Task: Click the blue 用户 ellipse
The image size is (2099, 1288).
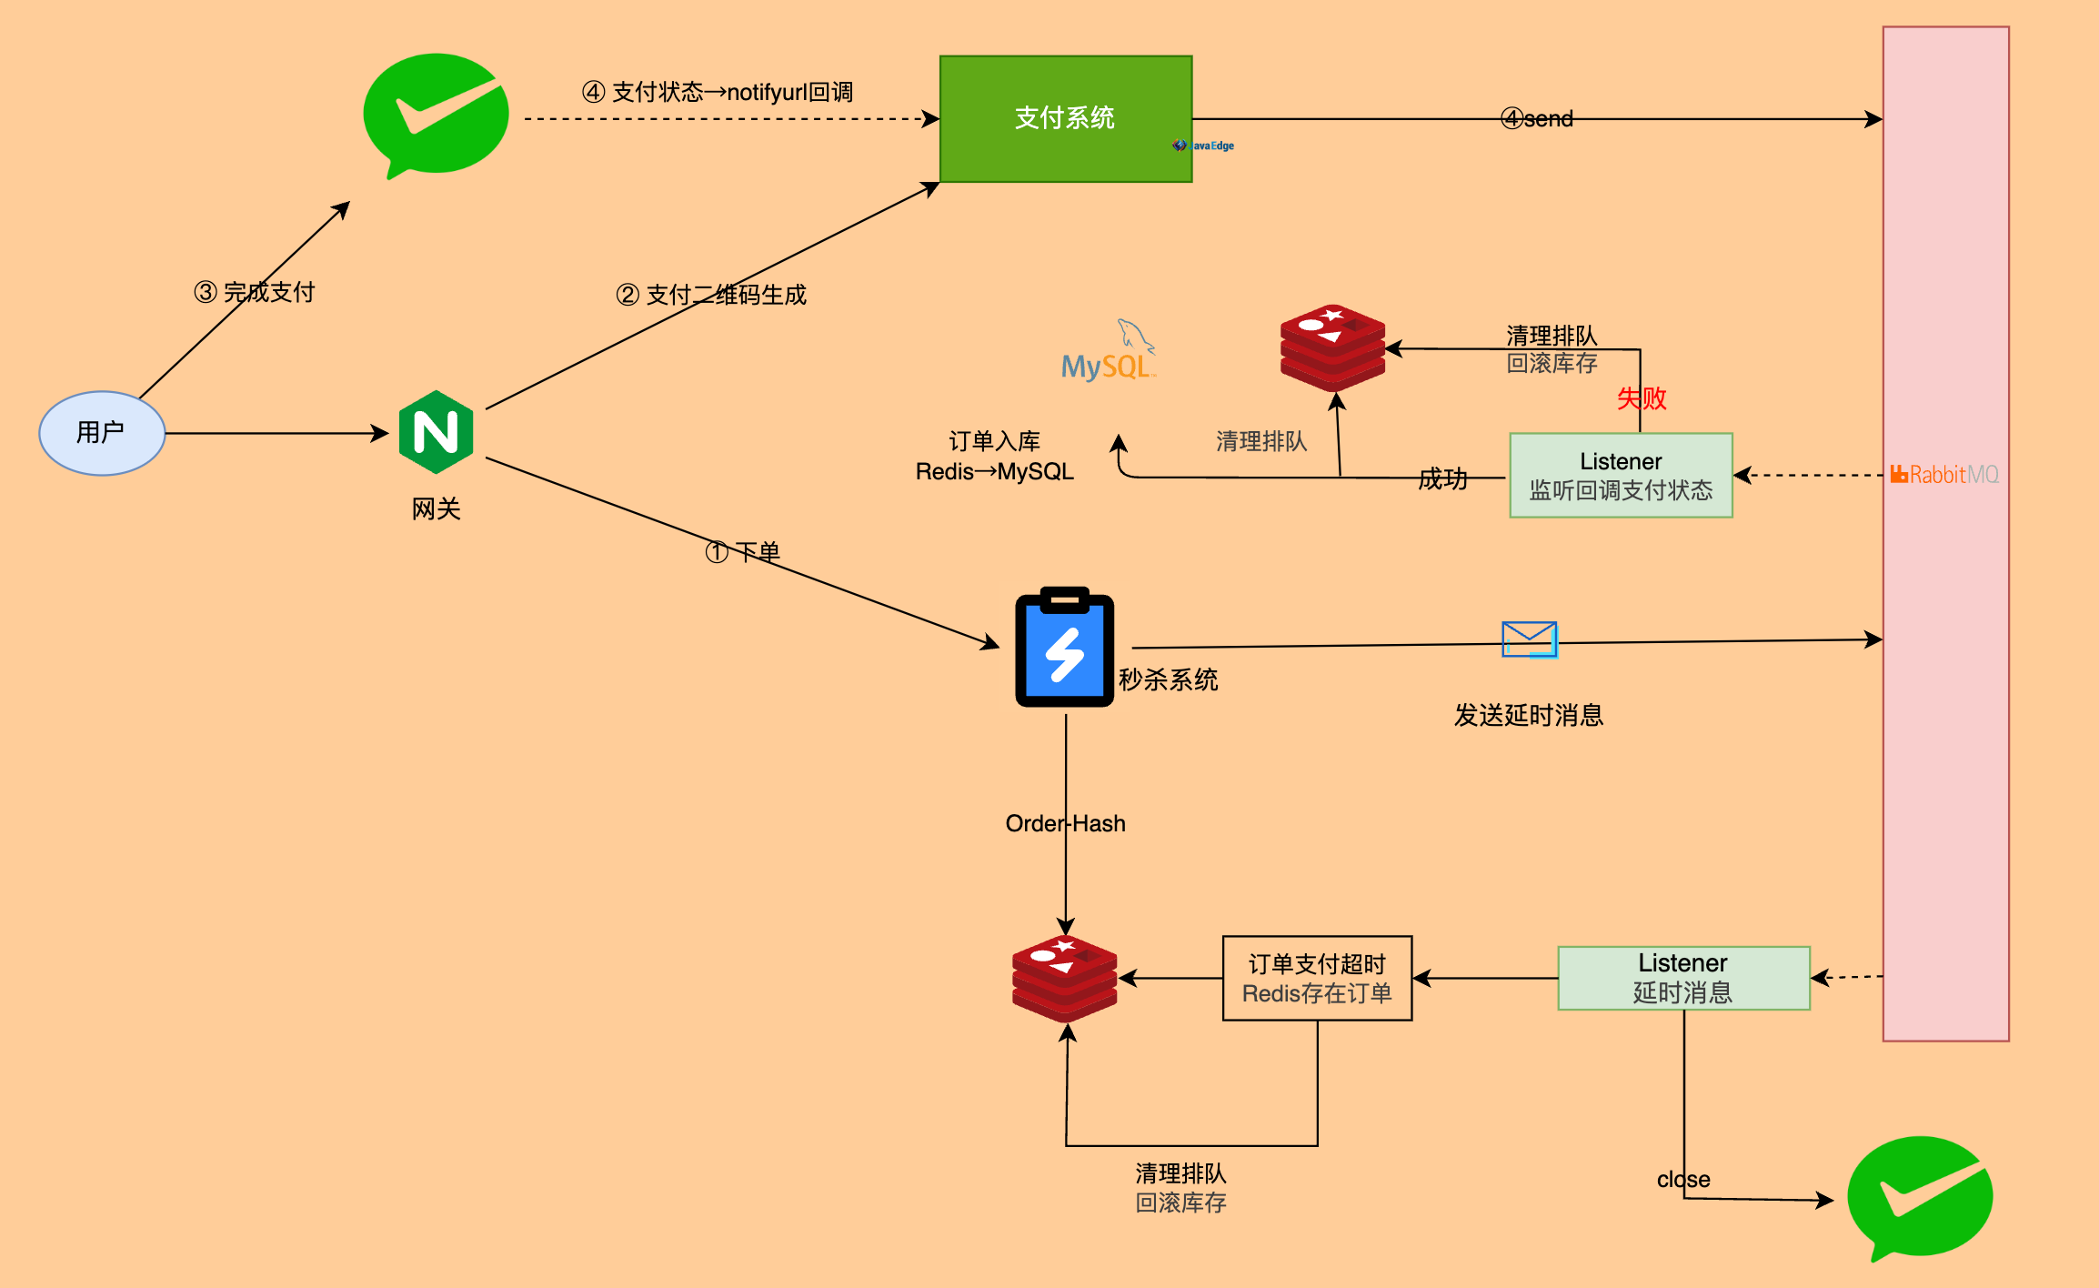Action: coord(102,433)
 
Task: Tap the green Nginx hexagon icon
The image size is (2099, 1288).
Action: coord(437,432)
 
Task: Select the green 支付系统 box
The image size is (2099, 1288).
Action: coord(1065,118)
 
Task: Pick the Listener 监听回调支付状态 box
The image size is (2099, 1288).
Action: coord(1621,476)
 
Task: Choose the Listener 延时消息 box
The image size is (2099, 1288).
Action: coord(1683,978)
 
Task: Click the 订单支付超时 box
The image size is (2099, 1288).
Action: coord(1317,979)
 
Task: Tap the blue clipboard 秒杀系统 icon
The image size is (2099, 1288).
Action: coord(1065,648)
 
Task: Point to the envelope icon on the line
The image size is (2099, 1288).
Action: coord(1529,639)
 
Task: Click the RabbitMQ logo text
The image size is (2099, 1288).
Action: coord(1945,475)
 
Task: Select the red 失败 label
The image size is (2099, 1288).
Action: coord(1642,398)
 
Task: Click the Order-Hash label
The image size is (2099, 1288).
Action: coord(1065,823)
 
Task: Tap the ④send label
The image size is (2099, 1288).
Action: coord(1537,119)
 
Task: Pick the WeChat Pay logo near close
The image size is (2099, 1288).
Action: coord(1920,1197)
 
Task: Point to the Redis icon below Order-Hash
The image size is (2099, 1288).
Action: coord(1065,978)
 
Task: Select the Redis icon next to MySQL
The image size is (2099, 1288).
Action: coord(1332,347)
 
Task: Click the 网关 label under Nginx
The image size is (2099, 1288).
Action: coord(437,509)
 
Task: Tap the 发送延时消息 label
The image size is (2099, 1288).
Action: coord(1528,716)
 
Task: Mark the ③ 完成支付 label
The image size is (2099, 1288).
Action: coord(255,292)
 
